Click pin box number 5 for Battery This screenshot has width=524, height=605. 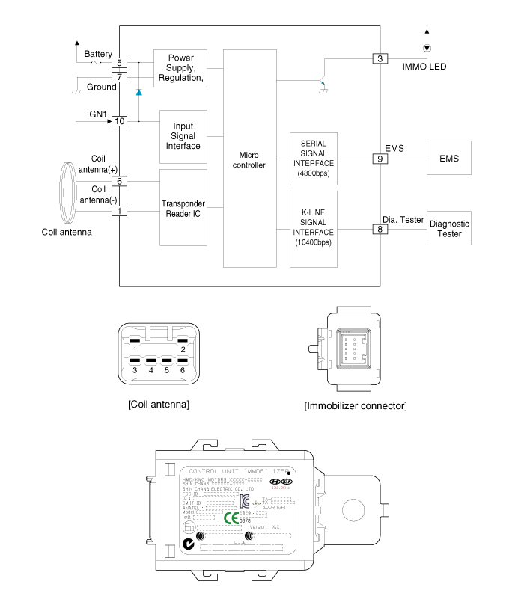tap(120, 64)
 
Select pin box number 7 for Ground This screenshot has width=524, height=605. tap(120, 76)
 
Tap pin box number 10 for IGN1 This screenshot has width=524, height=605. tap(120, 120)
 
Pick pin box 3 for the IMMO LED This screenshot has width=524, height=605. tap(380, 58)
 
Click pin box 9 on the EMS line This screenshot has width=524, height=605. tap(380, 159)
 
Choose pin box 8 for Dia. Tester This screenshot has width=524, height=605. tap(380, 229)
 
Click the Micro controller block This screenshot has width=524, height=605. tap(249, 159)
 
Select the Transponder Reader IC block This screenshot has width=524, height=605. tap(182, 207)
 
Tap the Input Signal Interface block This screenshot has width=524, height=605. tap(182, 136)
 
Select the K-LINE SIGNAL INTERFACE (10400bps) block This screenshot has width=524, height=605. tap(313, 229)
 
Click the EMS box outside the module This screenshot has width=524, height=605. tap(448, 159)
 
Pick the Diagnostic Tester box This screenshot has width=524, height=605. tap(448, 229)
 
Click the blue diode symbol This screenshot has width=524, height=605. tap(138, 92)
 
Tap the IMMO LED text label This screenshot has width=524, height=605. tap(424, 67)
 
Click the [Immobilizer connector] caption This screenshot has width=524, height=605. tap(356, 406)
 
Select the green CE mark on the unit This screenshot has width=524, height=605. tap(231, 517)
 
